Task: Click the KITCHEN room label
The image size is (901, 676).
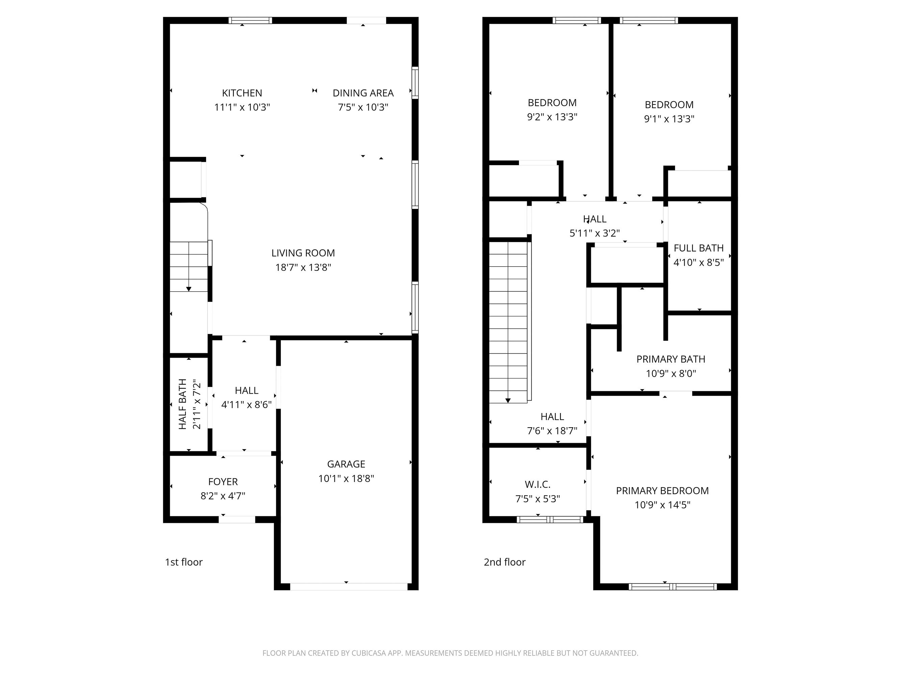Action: point(242,93)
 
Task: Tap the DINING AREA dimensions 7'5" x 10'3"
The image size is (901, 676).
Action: point(363,107)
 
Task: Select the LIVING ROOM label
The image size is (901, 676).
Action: point(303,253)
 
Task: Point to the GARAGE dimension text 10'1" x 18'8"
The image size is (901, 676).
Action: point(346,478)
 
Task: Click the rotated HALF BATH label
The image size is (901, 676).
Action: point(182,404)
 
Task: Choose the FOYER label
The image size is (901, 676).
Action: point(223,482)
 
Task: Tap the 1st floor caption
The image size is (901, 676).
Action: point(184,562)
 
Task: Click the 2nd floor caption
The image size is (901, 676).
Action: point(504,562)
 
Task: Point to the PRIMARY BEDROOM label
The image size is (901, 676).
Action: point(662,490)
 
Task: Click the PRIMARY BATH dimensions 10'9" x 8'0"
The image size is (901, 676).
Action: point(671,373)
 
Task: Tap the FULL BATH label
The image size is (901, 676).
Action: point(698,248)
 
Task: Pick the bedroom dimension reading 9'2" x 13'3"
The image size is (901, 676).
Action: point(552,117)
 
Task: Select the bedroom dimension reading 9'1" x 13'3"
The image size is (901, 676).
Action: point(669,119)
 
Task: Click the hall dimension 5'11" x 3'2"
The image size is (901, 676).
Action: point(594,233)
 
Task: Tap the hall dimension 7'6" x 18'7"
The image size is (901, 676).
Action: point(552,431)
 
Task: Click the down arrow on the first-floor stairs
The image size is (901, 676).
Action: point(189,289)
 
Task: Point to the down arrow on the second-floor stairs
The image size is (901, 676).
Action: point(508,400)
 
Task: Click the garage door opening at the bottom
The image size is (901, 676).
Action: point(348,587)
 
